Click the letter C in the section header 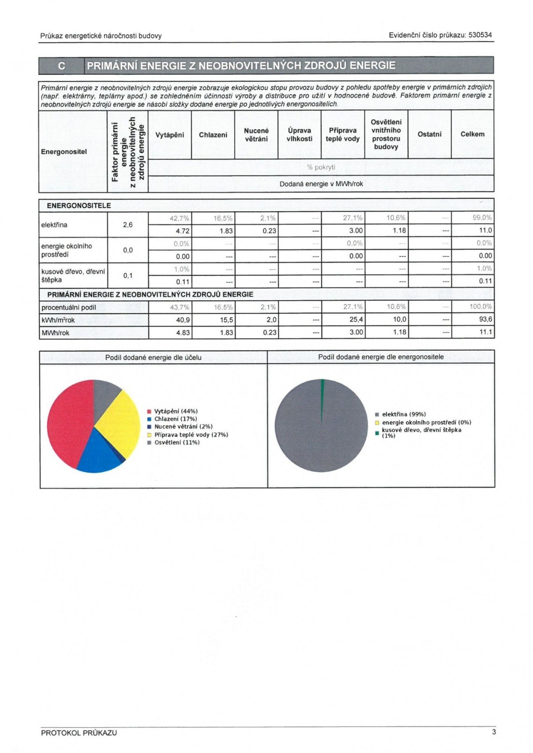(x=62, y=66)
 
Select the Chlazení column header (x=213, y=135)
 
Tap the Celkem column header (x=472, y=134)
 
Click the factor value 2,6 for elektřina (x=128, y=225)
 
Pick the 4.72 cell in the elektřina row (x=183, y=231)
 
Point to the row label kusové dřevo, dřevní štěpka (x=73, y=276)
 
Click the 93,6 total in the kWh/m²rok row (x=485, y=319)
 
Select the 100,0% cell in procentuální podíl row (x=481, y=307)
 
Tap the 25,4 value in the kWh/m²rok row (x=356, y=319)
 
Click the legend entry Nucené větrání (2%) (x=183, y=427)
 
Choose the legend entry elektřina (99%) (x=403, y=414)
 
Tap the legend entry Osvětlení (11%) (x=177, y=443)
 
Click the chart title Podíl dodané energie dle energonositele (x=381, y=357)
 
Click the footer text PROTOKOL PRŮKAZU (x=79, y=733)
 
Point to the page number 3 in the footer (x=494, y=732)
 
